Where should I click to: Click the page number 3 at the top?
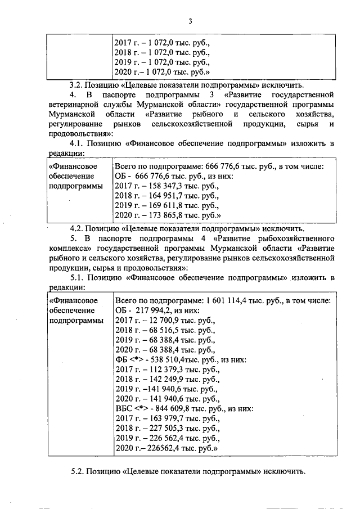pos(190,22)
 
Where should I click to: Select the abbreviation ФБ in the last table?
pos(120,360)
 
